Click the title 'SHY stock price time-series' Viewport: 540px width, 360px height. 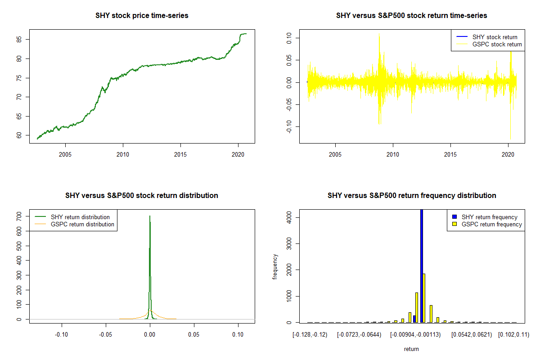pyautogui.click(x=142, y=16)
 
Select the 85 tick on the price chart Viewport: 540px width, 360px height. pyautogui.click(x=23, y=39)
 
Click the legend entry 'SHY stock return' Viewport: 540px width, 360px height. pyautogui.click(x=495, y=37)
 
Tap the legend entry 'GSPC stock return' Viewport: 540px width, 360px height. pyautogui.click(x=497, y=45)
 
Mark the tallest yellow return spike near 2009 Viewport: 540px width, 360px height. pyautogui.click(x=379, y=34)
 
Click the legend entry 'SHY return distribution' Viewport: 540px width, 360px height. pyautogui.click(x=80, y=217)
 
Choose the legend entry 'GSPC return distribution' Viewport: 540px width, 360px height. pyautogui.click(x=82, y=224)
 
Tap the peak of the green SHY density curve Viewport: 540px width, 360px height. pyautogui.click(x=149, y=216)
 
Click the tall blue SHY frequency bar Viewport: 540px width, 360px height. pyautogui.click(x=422, y=265)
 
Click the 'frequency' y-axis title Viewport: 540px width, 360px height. pyautogui.click(x=275, y=266)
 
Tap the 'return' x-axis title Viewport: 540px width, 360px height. pyautogui.click(x=411, y=349)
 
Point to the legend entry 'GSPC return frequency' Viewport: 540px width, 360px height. pyautogui.click(x=491, y=224)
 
